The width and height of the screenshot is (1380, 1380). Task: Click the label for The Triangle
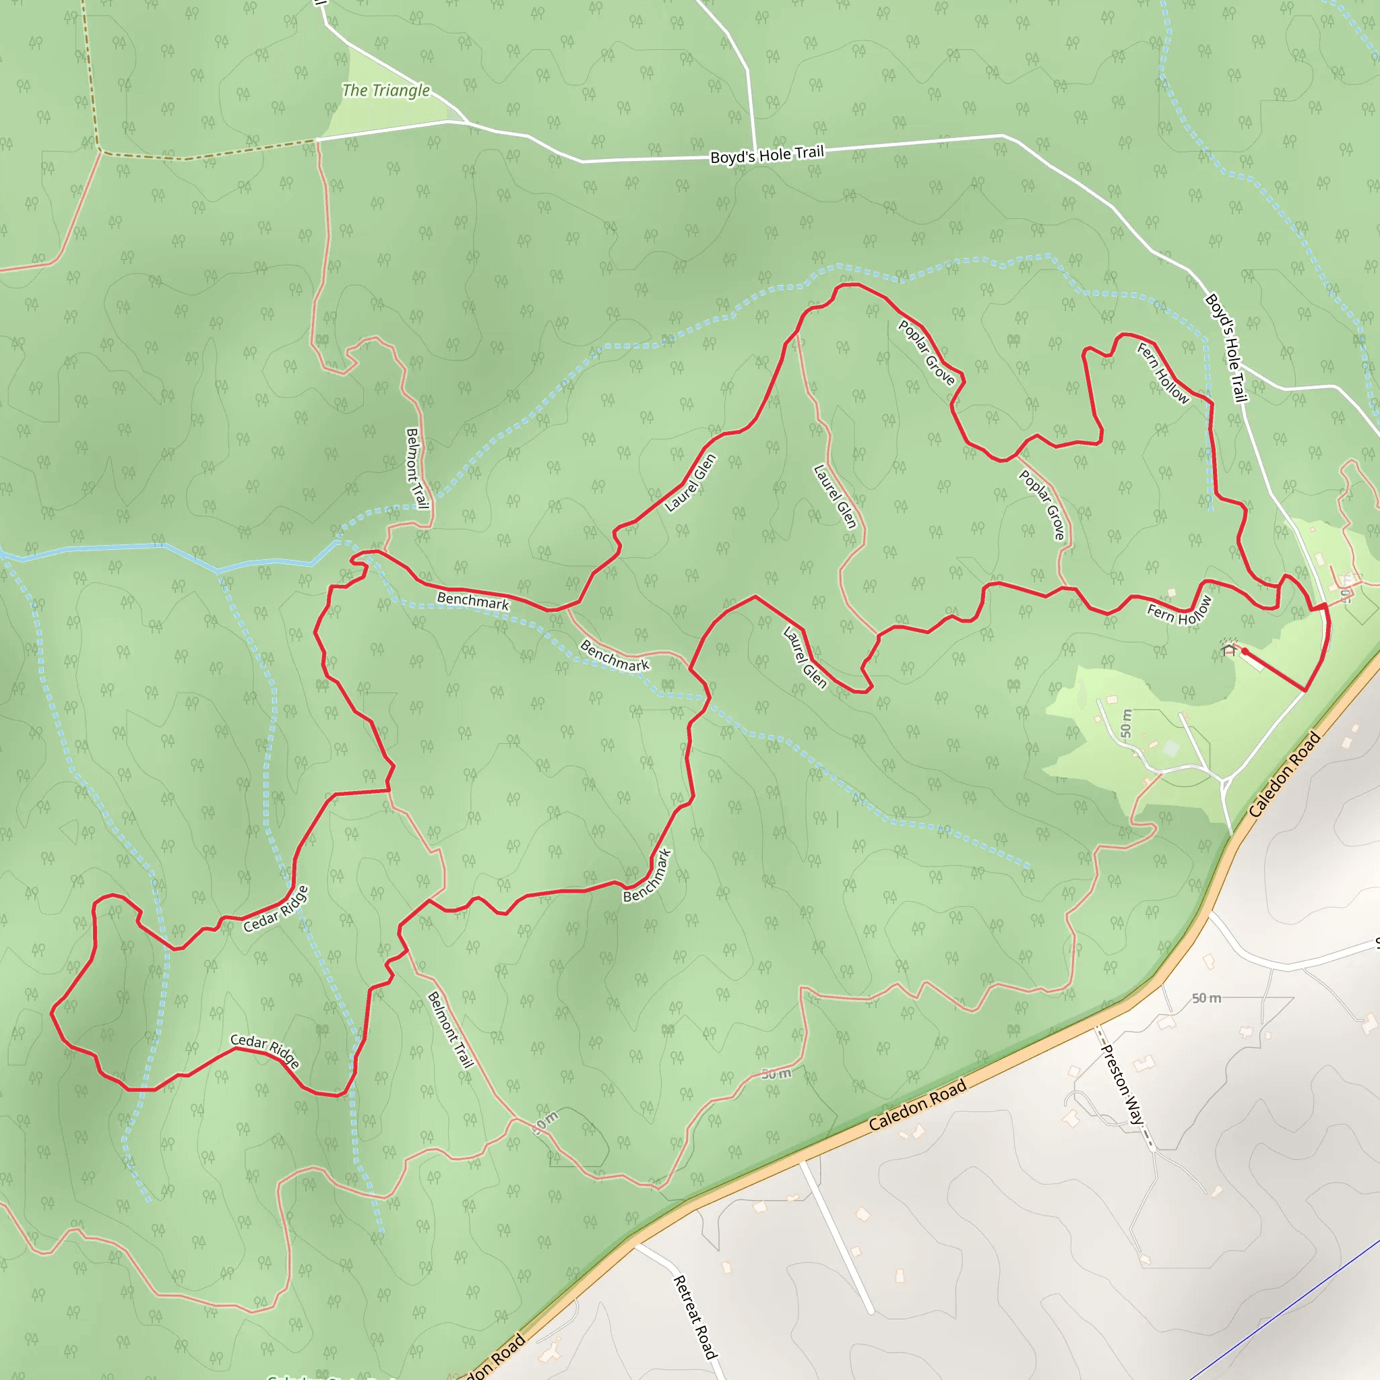385,91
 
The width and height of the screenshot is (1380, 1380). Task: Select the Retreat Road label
694,1317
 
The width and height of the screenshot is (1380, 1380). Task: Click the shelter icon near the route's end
1229,650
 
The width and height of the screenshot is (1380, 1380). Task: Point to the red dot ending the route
1245,652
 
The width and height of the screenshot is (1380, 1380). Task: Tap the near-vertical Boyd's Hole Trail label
1226,348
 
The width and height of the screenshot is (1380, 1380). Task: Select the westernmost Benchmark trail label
473,600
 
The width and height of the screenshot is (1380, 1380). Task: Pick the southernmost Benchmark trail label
647,876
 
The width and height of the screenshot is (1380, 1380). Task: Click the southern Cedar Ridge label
265,1050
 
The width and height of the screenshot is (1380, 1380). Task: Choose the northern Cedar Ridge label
276,909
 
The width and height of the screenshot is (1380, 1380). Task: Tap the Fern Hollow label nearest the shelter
1179,610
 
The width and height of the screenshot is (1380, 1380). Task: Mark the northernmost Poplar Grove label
927,352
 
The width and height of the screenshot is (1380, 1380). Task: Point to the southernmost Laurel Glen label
805,657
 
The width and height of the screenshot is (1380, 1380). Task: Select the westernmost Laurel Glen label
690,483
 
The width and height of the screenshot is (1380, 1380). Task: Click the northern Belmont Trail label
416,468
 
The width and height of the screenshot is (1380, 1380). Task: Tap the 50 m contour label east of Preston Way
1206,998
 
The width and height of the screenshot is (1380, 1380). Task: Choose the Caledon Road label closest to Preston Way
918,1104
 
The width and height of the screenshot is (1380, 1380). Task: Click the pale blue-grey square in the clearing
1170,749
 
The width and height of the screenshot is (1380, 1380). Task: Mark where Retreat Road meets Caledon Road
635,1246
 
